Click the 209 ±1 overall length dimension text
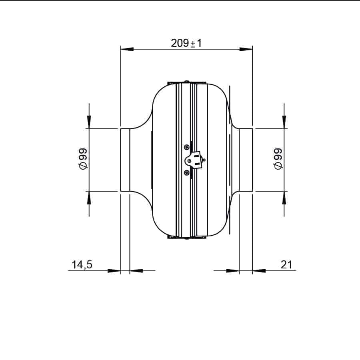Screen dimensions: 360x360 (186, 43)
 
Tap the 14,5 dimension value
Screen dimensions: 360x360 (82, 264)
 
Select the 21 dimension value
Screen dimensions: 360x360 (286, 264)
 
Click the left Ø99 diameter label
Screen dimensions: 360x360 (83, 159)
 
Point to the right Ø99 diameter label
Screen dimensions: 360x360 (278, 159)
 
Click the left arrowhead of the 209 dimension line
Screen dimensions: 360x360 (127, 49)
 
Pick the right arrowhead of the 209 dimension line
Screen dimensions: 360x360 (246, 49)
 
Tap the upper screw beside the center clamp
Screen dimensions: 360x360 (187, 147)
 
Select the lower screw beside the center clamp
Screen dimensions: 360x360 (187, 172)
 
